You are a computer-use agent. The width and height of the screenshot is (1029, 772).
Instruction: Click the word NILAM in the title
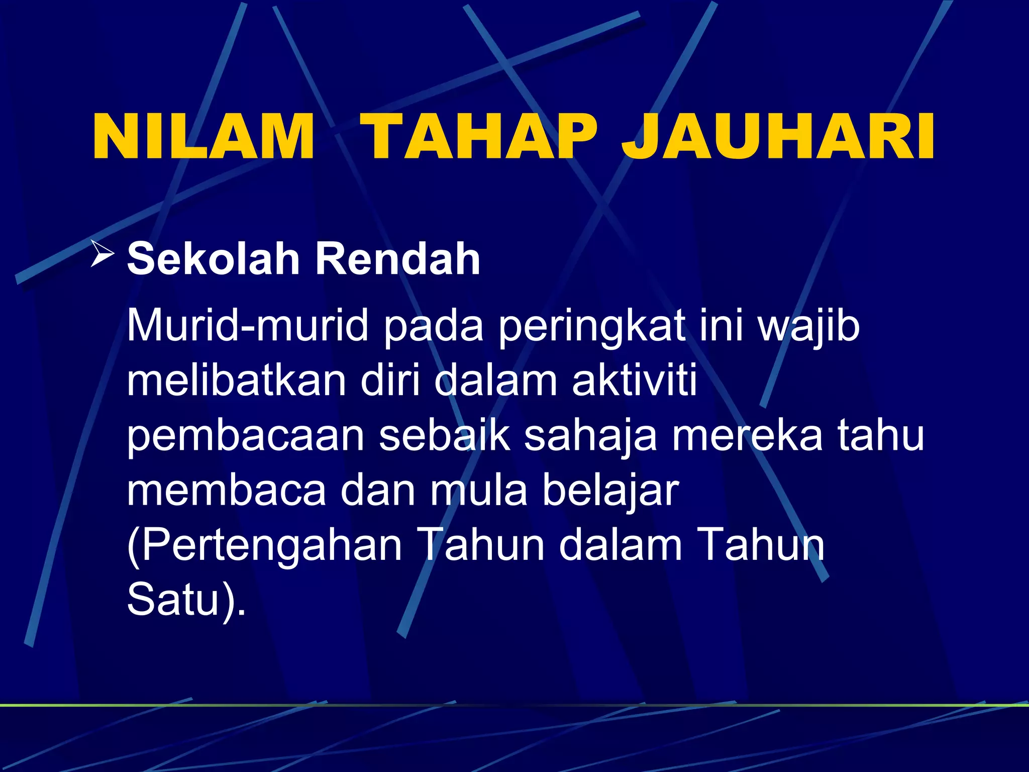point(203,137)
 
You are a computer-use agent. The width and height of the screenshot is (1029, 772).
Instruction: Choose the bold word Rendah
point(397,259)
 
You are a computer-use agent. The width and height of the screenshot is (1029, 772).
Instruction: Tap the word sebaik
point(444,435)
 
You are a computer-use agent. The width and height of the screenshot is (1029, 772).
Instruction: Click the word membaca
point(227,491)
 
